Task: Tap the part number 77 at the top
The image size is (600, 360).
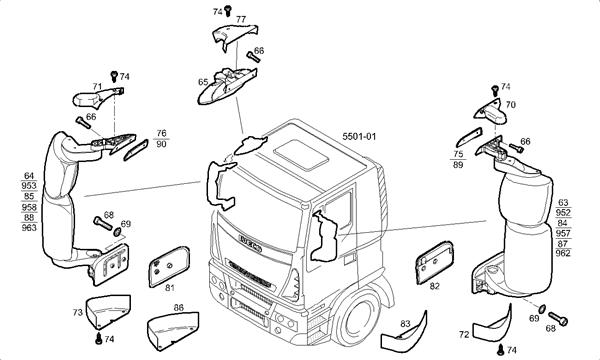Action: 240,19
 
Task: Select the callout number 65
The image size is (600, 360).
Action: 203,81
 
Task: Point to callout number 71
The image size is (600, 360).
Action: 97,87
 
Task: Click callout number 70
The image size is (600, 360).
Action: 510,104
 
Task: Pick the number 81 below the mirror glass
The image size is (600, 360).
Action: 169,289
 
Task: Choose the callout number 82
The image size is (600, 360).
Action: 434,287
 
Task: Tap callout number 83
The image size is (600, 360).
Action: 405,323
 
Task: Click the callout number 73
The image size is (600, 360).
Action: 77,313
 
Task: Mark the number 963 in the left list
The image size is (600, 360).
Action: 29,228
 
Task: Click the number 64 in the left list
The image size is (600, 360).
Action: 29,176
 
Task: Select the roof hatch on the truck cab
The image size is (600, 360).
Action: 297,151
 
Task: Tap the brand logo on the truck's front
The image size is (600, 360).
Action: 245,240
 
